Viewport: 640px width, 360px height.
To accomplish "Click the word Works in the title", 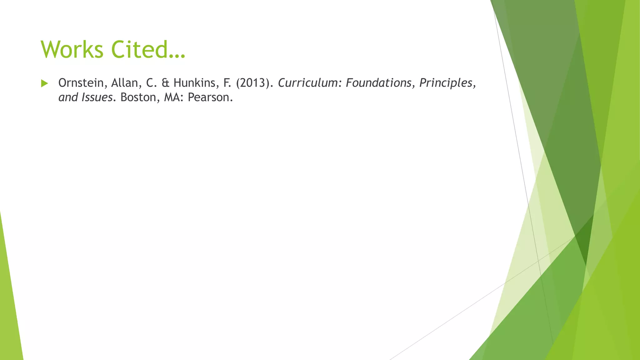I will click(x=72, y=49).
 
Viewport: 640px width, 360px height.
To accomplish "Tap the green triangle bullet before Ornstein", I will click(x=44, y=83).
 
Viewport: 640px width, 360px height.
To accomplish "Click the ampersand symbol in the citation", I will click(x=165, y=83).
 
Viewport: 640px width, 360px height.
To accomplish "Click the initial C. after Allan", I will click(x=151, y=83).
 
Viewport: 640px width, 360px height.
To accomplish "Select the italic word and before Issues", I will click(x=68, y=97).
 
